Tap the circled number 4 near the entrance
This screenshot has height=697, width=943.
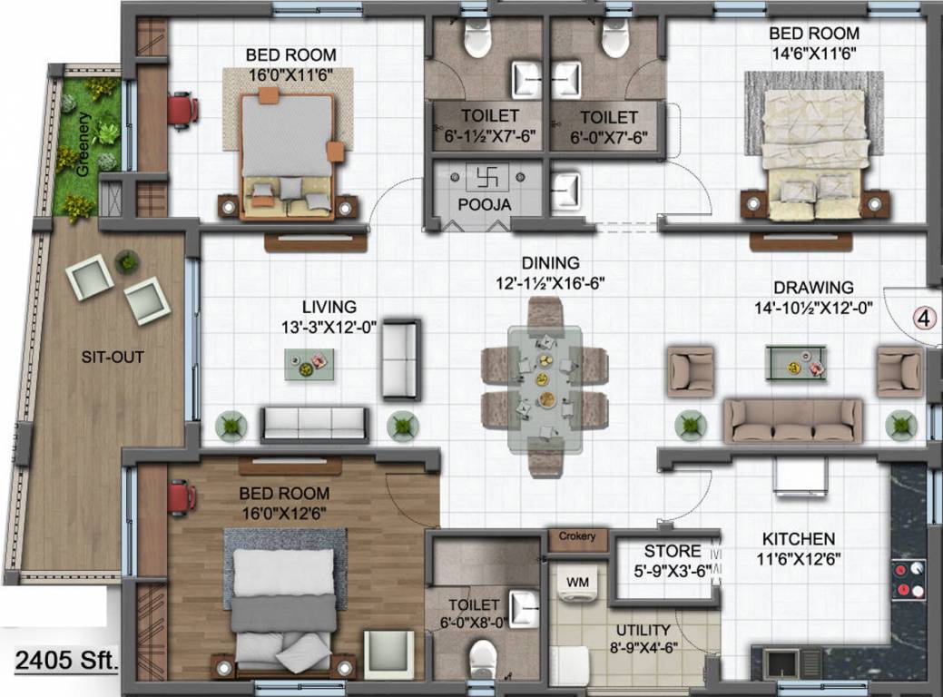click(x=925, y=318)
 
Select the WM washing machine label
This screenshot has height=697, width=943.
click(x=577, y=582)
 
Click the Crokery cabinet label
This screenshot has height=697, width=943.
click(x=577, y=535)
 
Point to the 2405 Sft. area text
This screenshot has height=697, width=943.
click(x=65, y=661)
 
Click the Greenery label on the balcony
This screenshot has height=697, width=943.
click(x=83, y=144)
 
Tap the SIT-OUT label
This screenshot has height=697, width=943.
click(x=113, y=357)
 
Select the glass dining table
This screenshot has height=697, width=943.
click(x=545, y=388)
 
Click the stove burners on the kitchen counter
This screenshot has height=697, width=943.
click(x=909, y=580)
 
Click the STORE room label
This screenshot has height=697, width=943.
click(x=673, y=551)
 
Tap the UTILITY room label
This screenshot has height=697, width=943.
click(x=643, y=630)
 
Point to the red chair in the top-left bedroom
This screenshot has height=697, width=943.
click(x=182, y=110)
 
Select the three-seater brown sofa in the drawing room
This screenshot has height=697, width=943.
click(x=792, y=420)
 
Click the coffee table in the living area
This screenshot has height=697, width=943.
click(x=309, y=364)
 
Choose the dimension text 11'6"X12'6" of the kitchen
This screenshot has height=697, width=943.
click(x=799, y=559)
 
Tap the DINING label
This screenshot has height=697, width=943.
click(x=550, y=263)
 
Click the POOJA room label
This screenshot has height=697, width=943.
click(x=485, y=204)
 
